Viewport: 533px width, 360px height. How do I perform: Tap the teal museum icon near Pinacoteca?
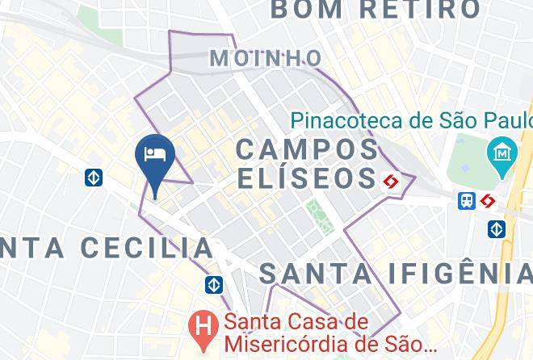[x=502, y=151]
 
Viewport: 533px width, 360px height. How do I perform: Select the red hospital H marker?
[x=202, y=327]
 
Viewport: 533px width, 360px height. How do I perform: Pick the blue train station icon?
[x=467, y=201]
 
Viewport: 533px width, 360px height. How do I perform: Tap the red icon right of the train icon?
[x=488, y=201]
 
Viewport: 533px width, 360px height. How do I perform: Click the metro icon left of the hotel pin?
[x=94, y=178]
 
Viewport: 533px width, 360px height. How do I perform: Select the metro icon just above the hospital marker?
[x=214, y=284]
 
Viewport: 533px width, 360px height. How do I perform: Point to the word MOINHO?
[x=265, y=58]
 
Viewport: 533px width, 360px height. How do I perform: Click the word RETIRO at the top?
[x=419, y=10]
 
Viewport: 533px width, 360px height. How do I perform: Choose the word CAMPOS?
[x=308, y=149]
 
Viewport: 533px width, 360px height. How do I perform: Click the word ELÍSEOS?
[x=308, y=178]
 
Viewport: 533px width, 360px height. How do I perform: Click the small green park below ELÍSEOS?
[x=317, y=214]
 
